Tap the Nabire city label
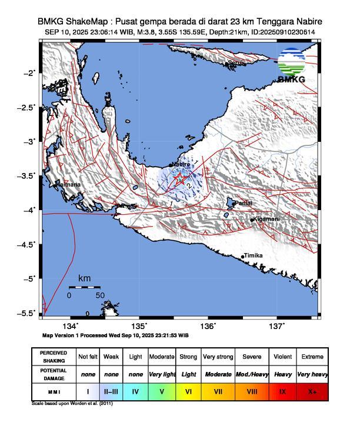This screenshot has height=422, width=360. (181, 165)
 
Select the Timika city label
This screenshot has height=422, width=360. (252, 255)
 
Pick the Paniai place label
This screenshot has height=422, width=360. (243, 203)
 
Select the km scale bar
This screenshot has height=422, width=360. (84, 287)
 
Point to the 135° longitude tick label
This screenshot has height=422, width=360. (139, 327)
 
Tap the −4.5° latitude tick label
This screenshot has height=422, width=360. (27, 244)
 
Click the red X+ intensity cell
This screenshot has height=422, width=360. (312, 390)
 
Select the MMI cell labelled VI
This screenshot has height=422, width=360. (188, 390)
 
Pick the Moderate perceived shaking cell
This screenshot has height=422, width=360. (162, 357)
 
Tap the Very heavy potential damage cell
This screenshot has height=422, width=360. (312, 373)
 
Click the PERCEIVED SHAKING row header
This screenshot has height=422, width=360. (54, 357)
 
